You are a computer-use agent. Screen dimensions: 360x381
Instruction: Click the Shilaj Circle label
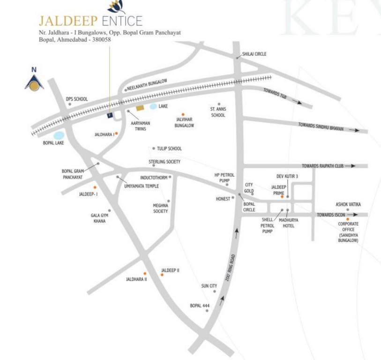point(254,54)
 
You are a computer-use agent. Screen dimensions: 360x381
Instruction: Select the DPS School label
point(76,99)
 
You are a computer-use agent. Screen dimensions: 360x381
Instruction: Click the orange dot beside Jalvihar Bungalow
point(183,114)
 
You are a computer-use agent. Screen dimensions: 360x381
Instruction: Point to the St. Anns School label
point(218,112)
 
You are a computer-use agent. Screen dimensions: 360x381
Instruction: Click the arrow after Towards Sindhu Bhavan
point(354,130)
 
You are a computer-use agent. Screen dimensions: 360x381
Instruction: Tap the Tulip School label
point(169,149)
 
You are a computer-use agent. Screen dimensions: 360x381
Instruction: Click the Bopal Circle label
point(249,207)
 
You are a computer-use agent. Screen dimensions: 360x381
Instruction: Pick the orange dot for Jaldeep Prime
point(282,197)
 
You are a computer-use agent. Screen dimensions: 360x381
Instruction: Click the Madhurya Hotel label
point(289,222)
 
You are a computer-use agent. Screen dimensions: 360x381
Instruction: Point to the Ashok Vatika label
point(348,204)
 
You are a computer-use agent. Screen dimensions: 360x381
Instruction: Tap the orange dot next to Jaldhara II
point(145,273)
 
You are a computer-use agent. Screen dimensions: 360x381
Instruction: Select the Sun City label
point(209,285)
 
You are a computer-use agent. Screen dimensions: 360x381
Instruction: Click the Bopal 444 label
point(199,306)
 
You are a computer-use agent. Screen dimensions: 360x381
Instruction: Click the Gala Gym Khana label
point(98,218)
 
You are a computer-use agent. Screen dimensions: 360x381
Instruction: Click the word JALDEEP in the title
point(67,21)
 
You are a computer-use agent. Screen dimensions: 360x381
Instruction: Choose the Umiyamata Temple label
point(141,186)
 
